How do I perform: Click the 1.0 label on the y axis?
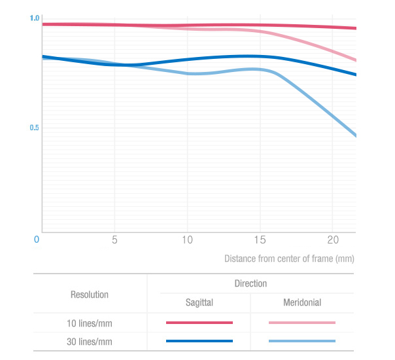point(35,18)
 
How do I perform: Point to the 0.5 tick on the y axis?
point(35,128)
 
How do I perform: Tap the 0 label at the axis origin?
point(37,240)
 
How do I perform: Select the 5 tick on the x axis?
point(114,240)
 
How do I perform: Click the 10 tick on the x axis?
point(187,240)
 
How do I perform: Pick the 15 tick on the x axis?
point(260,240)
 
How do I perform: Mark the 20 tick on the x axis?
point(332,240)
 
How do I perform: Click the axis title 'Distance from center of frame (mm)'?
point(289,259)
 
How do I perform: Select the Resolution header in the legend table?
point(90,295)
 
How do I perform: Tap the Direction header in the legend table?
point(250,283)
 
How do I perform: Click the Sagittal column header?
point(199,303)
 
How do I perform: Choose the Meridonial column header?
point(302,303)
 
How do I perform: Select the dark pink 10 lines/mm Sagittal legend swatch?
point(199,323)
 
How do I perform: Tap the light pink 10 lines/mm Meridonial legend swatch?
point(302,323)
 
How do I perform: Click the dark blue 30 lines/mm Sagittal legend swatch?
point(199,341)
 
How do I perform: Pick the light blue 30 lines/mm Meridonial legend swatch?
point(302,341)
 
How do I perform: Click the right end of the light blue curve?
point(355,135)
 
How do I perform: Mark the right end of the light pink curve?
point(355,60)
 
